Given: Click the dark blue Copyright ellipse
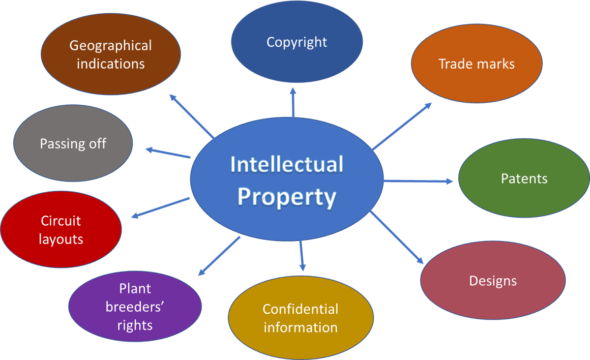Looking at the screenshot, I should click(x=297, y=42).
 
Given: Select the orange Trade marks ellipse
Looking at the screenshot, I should click(x=476, y=64).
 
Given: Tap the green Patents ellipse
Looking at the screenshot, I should click(x=524, y=178).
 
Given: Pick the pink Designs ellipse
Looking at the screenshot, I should click(x=492, y=281).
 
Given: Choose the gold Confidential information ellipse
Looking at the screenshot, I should click(x=300, y=318).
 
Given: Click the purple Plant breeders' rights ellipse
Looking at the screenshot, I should click(x=135, y=307).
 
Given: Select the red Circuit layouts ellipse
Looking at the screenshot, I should click(x=61, y=229).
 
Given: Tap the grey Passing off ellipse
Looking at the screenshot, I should click(x=73, y=143).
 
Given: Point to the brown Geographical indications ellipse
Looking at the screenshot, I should click(x=110, y=54).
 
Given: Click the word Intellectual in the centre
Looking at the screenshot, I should click(x=286, y=165).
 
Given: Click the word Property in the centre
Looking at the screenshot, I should click(x=286, y=197).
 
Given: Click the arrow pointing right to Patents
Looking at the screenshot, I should click(x=418, y=181).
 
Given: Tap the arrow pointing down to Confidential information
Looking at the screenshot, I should click(x=302, y=255).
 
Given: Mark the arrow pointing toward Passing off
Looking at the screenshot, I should click(x=168, y=153).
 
